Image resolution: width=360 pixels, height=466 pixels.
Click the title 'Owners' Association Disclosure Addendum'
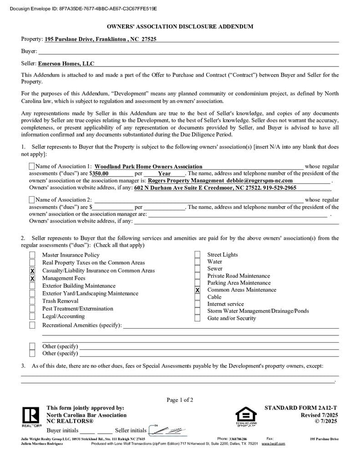coord(180,27)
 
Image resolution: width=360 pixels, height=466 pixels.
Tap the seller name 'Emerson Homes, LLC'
coord(66,64)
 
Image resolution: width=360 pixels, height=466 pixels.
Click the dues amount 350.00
coord(101,173)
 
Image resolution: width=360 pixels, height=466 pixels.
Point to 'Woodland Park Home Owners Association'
coord(148,167)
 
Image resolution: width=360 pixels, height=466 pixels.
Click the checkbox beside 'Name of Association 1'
coord(31,167)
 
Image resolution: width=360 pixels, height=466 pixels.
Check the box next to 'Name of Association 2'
coord(31,200)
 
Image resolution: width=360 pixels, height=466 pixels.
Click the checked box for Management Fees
coord(32,278)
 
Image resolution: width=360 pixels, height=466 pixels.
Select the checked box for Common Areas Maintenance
coord(197,290)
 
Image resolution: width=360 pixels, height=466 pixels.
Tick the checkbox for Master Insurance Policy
coord(32,255)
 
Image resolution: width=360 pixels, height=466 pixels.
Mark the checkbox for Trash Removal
coord(32,301)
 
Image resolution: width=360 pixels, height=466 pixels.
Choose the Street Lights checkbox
coord(197,255)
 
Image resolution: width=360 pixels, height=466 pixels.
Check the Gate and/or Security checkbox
coord(197,318)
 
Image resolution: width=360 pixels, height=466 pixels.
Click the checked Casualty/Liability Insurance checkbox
coord(32,271)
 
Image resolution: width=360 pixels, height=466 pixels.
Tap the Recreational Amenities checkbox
coord(32,325)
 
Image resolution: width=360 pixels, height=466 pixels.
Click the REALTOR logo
coord(31,416)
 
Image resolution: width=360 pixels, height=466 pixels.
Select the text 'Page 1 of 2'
coord(180,400)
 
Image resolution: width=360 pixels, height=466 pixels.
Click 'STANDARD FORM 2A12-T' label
coord(301,408)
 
